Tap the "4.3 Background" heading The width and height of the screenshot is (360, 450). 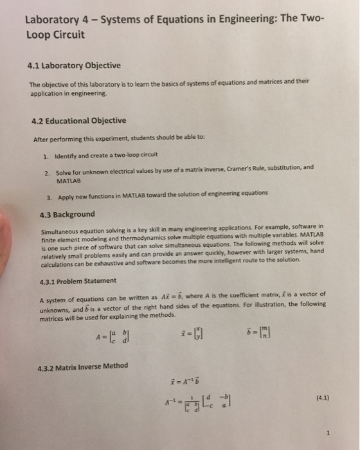(x=67, y=214)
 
